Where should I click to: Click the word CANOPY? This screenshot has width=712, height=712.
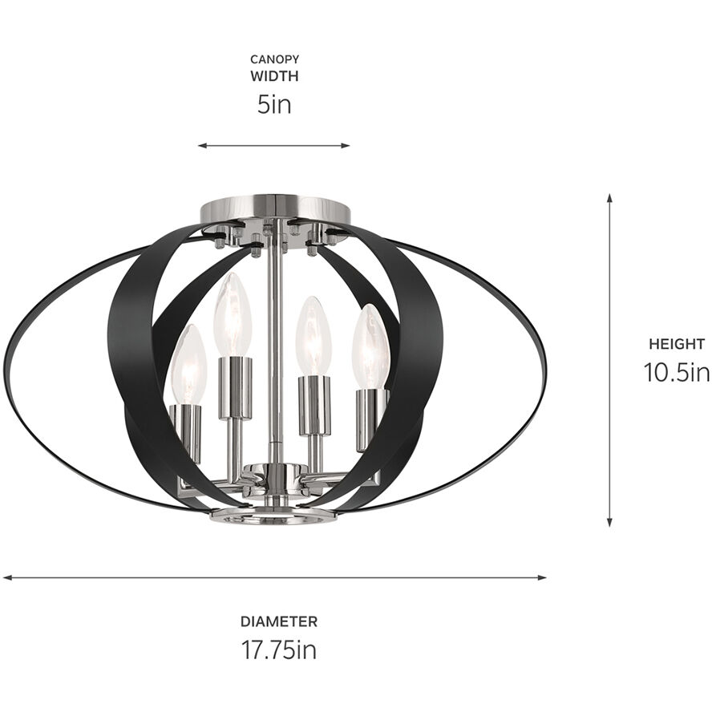point(274,59)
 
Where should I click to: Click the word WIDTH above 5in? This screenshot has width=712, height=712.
point(274,77)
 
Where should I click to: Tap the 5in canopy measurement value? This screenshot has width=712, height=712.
point(274,104)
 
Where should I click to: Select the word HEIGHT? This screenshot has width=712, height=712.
point(677,344)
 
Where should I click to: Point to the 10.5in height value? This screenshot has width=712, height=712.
point(677,372)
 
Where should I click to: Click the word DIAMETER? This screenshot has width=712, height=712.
point(279,621)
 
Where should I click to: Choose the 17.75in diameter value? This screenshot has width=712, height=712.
point(279,649)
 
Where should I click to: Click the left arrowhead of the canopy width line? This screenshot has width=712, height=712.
point(201,146)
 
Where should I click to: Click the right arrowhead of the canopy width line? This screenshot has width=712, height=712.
point(347,146)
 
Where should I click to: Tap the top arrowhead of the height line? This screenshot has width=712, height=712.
point(609,197)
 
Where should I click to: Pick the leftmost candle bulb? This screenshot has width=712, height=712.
point(189,365)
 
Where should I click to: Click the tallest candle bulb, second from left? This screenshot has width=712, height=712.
point(233,314)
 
